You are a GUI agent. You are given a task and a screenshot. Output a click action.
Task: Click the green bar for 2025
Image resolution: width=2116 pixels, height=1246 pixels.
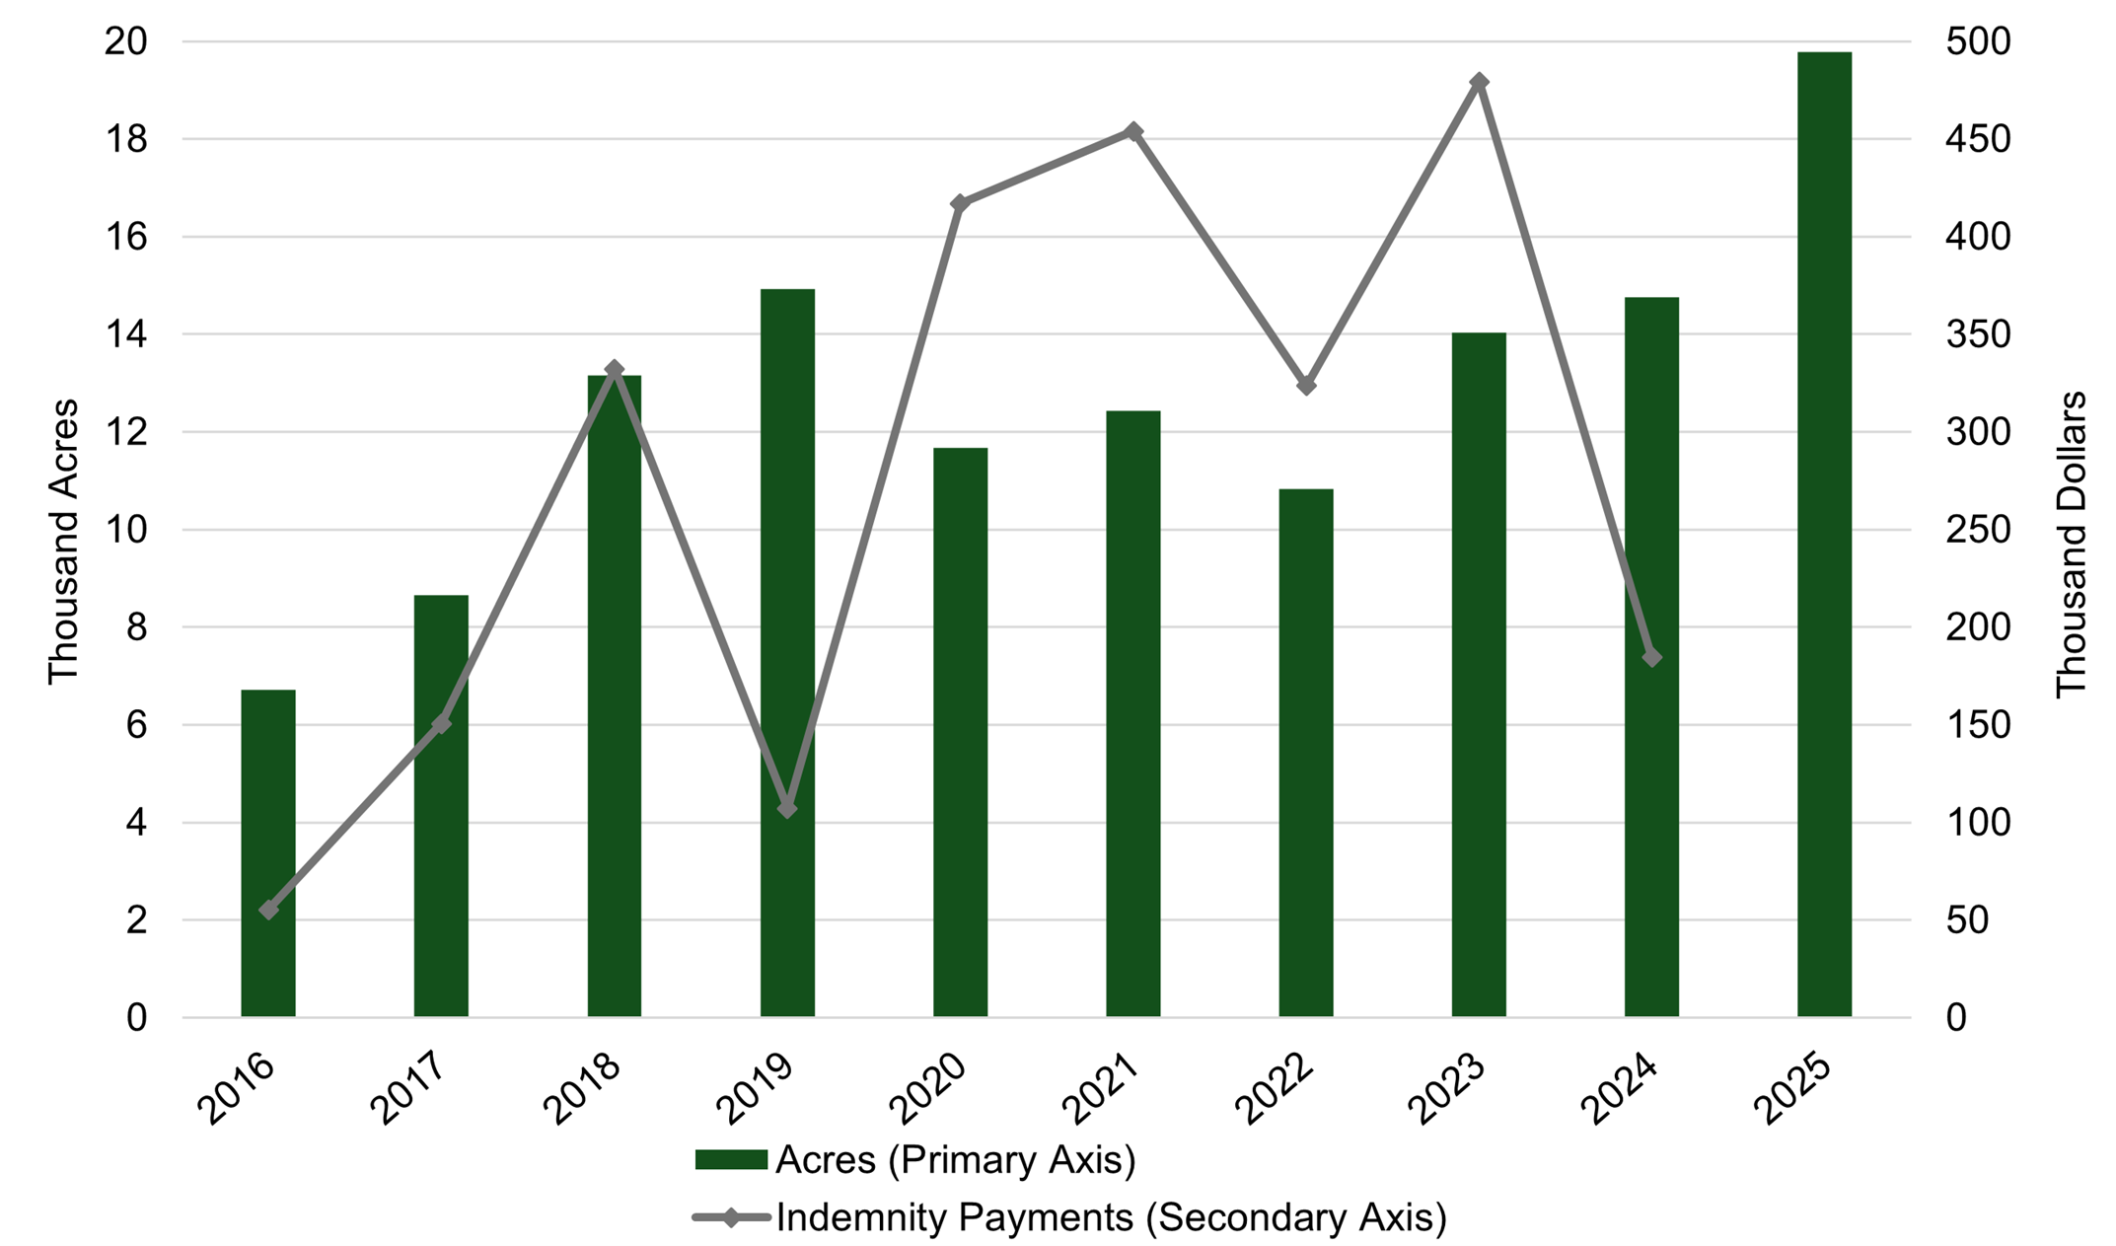pyautogui.click(x=1824, y=533)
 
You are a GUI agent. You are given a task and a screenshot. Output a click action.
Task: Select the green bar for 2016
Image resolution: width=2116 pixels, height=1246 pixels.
pyautogui.click(x=268, y=853)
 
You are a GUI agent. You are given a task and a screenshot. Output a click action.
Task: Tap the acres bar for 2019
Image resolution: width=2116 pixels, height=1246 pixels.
pyautogui.click(x=787, y=651)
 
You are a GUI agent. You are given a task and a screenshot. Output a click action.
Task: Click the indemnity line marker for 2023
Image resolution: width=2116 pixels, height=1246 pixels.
pyautogui.click(x=1479, y=82)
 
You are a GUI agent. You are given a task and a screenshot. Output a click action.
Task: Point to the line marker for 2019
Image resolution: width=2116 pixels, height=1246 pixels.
pyautogui.click(x=787, y=809)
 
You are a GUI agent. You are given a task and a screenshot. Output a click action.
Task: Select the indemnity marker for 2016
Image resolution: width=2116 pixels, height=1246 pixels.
pyautogui.click(x=268, y=910)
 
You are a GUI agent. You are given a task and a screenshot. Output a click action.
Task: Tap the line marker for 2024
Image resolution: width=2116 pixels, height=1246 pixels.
pyautogui.click(x=1652, y=657)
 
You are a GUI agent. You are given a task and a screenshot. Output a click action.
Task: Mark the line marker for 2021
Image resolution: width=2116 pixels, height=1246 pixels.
pyautogui.click(x=1133, y=131)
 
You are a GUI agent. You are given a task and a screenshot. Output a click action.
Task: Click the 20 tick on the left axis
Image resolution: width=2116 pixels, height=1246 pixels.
pyautogui.click(x=125, y=42)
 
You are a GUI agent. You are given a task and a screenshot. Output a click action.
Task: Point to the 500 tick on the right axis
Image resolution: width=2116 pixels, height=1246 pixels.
pyautogui.click(x=1977, y=42)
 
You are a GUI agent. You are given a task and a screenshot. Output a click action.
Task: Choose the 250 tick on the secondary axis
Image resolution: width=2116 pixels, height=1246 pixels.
pyautogui.click(x=1977, y=530)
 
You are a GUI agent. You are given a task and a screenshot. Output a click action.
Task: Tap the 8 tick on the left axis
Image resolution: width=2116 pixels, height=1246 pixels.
pyautogui.click(x=136, y=627)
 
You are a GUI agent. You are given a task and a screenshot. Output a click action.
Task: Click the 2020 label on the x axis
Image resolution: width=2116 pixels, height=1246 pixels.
pyautogui.click(x=928, y=1089)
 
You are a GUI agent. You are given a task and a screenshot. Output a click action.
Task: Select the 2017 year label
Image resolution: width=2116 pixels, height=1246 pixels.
pyautogui.click(x=409, y=1089)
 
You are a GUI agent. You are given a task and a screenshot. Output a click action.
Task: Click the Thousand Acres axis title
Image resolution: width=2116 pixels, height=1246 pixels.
pyautogui.click(x=63, y=541)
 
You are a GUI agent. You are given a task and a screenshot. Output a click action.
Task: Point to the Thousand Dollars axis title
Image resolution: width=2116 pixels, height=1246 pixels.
pyautogui.click(x=2071, y=545)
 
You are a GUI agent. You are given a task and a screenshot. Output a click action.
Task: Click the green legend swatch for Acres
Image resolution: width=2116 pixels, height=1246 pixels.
pyautogui.click(x=731, y=1160)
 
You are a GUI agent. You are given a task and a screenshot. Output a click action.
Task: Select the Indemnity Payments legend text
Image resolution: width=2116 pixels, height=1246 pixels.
pyautogui.click(x=1111, y=1217)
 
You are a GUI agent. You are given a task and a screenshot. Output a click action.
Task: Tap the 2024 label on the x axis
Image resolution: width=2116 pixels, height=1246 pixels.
pyautogui.click(x=1621, y=1089)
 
